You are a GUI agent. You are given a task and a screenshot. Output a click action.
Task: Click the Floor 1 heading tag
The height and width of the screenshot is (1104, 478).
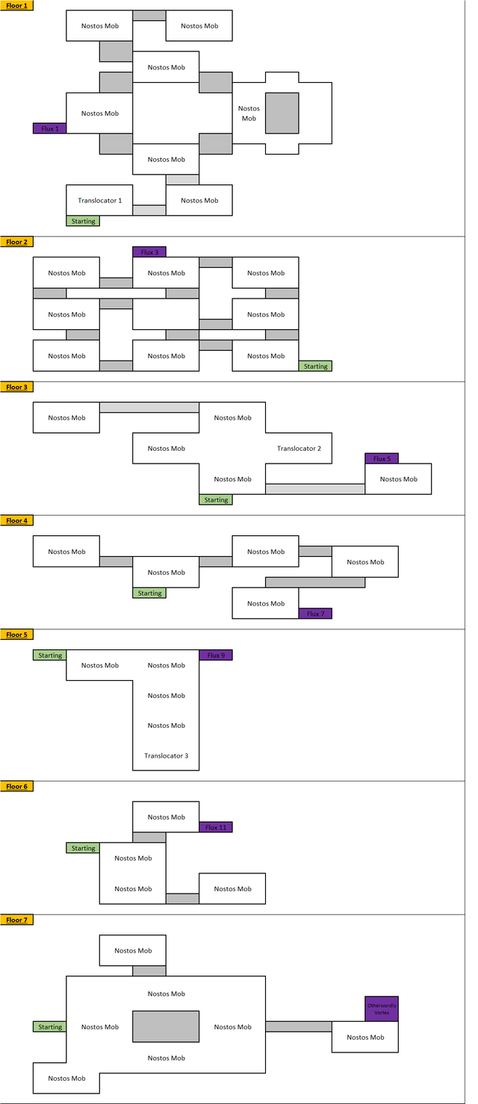[x=16, y=5]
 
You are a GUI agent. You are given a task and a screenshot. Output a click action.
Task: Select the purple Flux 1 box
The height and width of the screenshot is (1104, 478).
[x=50, y=128]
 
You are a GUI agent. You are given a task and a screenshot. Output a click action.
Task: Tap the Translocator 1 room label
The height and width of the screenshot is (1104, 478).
[x=99, y=200]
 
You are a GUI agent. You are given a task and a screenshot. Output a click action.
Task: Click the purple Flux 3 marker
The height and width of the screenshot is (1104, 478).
[x=149, y=252]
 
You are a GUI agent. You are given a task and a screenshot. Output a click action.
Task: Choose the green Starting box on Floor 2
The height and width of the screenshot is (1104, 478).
[x=315, y=367]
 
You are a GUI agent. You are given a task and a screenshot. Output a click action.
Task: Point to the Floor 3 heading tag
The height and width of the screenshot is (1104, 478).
[x=16, y=387]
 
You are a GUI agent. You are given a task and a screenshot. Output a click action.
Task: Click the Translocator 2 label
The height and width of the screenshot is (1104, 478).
[x=299, y=449]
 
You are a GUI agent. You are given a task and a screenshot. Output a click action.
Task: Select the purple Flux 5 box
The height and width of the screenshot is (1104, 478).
[x=382, y=458]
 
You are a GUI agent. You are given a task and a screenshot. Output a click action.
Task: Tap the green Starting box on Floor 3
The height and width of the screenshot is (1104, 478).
[x=216, y=500]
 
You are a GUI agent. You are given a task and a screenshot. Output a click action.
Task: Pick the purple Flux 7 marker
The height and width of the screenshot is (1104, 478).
[x=315, y=614]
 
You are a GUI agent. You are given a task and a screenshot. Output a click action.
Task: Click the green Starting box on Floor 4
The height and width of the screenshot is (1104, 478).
[x=149, y=593]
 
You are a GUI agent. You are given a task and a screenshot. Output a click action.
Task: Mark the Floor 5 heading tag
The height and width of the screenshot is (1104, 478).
[x=16, y=634]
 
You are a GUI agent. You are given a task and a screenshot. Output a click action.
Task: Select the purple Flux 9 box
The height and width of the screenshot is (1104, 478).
[x=216, y=655]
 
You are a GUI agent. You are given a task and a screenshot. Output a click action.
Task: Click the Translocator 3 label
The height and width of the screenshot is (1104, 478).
[x=166, y=755]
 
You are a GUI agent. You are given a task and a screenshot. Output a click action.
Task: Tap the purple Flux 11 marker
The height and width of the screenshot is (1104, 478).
[x=216, y=827]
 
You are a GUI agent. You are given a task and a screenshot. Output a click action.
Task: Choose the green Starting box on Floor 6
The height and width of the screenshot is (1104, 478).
[x=83, y=848]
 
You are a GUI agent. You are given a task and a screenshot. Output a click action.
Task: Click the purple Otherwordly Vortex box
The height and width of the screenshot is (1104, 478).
[x=382, y=1008]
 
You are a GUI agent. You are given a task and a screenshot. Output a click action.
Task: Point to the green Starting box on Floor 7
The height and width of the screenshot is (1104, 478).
[x=50, y=1027]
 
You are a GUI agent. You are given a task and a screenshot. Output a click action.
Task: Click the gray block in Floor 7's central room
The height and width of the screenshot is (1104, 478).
[x=166, y=1026]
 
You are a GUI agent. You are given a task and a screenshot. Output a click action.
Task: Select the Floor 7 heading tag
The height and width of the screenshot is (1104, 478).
[x=16, y=920]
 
